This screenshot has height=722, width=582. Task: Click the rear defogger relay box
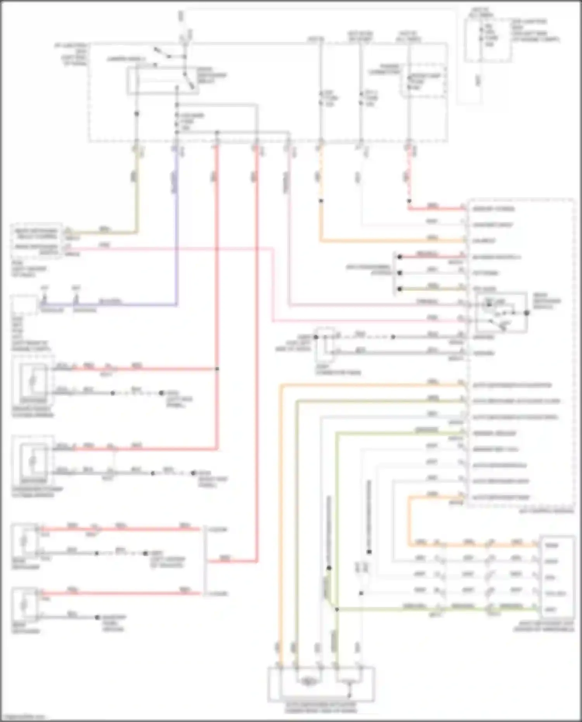163,81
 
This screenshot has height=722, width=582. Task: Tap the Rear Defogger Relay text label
211,75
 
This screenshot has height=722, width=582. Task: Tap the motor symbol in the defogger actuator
308,681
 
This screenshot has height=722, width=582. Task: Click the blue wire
177,233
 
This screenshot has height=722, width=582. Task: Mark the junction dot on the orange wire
321,201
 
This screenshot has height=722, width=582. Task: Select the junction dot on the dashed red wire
409,201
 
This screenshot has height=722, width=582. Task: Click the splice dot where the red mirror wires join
217,369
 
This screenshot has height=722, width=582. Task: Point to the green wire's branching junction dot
337,609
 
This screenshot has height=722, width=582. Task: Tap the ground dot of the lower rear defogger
97,617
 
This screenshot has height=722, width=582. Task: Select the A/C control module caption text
546,511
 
